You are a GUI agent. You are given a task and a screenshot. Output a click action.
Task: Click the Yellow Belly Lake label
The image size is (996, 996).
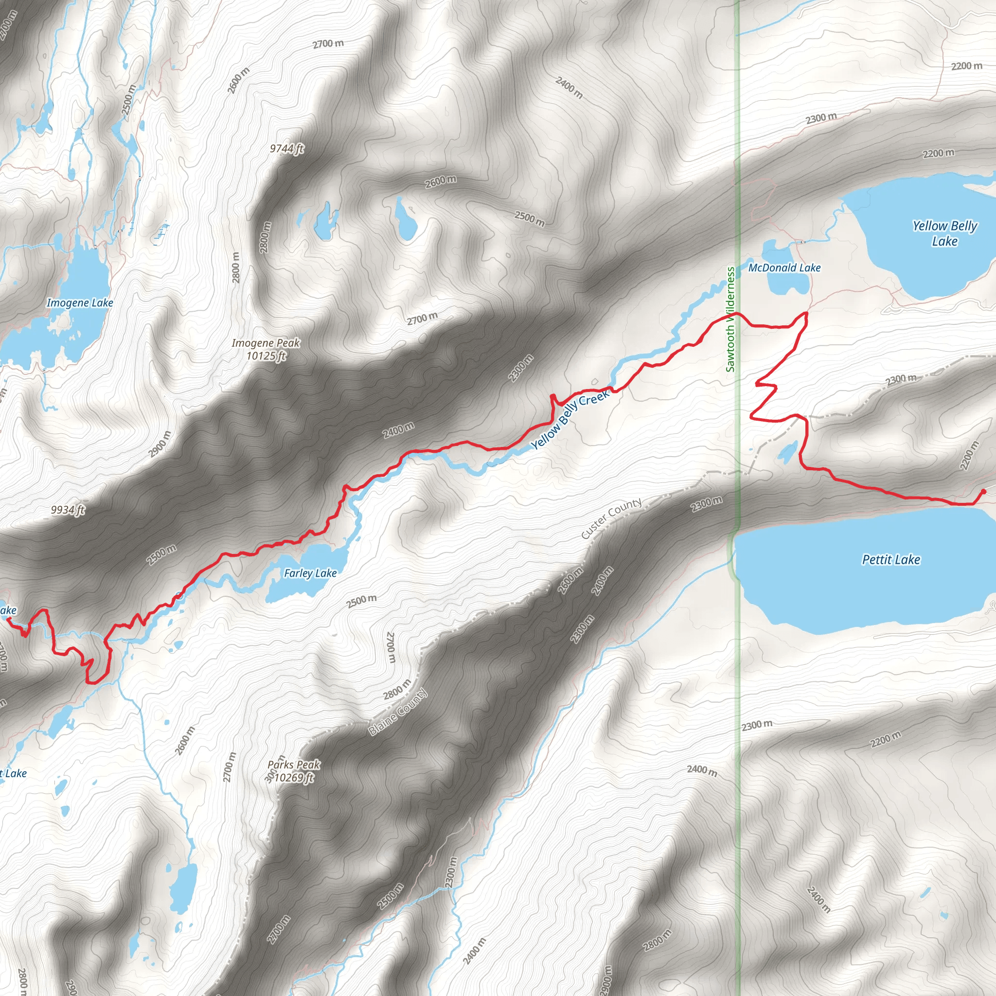click(944, 233)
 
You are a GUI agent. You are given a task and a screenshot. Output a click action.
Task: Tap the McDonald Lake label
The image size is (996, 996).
click(784, 267)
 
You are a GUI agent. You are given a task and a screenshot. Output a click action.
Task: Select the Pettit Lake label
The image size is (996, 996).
click(891, 559)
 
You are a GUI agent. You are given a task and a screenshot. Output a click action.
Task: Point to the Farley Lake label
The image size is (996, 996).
click(310, 573)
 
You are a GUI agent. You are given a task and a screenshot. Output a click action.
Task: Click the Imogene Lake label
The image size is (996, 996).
click(80, 302)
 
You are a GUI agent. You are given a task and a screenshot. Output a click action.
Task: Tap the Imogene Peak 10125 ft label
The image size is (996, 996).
click(266, 349)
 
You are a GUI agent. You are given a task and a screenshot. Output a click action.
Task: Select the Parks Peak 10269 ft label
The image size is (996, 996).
click(293, 771)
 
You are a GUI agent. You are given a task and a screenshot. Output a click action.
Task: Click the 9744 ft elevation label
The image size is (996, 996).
click(286, 148)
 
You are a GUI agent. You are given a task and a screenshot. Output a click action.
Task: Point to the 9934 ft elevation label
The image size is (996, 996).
click(68, 510)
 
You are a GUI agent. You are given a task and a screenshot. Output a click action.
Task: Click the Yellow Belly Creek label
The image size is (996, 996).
click(569, 419)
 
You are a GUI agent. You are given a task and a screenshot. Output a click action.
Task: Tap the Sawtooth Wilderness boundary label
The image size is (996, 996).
click(730, 319)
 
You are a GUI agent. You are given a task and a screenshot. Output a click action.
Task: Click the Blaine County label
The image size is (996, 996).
click(397, 712)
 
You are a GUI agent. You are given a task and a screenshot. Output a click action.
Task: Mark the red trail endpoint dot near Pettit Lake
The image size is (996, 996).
click(983, 491)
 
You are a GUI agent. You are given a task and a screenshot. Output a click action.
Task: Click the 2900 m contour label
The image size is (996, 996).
click(160, 444)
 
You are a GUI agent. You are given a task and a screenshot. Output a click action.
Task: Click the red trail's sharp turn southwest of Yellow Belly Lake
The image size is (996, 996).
click(806, 314)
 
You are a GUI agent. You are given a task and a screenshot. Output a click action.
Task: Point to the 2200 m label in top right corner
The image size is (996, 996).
click(966, 66)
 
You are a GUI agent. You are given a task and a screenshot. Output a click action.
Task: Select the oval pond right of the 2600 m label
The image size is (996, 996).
click(405, 220)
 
